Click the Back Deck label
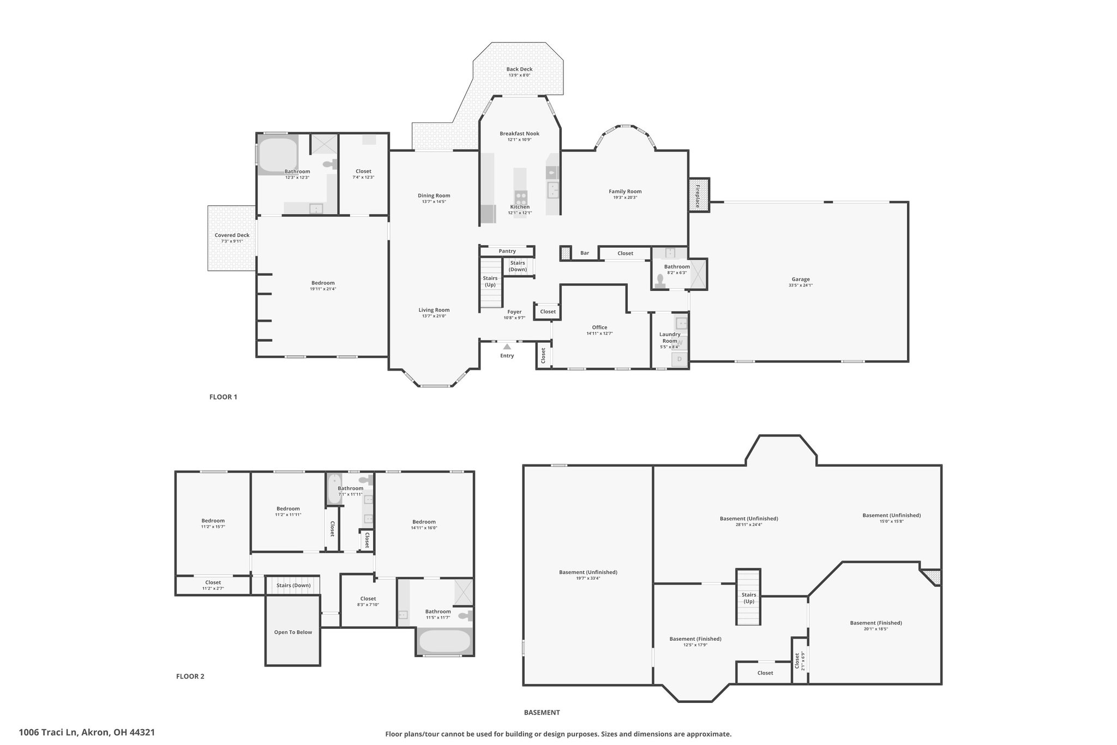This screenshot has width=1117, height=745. pyautogui.click(x=519, y=69)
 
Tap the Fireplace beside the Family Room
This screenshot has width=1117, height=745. pyautogui.click(x=699, y=195)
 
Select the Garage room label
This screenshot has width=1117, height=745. pyautogui.click(x=801, y=279)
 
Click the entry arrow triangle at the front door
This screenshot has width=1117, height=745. pyautogui.click(x=507, y=346)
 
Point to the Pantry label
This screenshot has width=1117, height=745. pyautogui.click(x=507, y=251)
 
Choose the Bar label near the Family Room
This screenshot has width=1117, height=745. pyautogui.click(x=585, y=253)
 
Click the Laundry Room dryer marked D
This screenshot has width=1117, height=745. pyautogui.click(x=680, y=359)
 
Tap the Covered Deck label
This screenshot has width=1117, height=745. pyautogui.click(x=232, y=235)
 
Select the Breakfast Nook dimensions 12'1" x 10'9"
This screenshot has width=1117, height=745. pyautogui.click(x=519, y=140)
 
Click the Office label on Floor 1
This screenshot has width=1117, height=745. pyautogui.click(x=599, y=327)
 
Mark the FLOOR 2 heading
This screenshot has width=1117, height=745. pyautogui.click(x=190, y=676)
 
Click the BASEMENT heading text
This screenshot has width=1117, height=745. pyautogui.click(x=542, y=712)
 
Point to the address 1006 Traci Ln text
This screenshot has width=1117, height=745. pyautogui.click(x=49, y=732)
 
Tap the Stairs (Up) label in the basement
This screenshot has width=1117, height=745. pyautogui.click(x=749, y=598)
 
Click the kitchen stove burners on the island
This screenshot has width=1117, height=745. pyautogui.click(x=521, y=196)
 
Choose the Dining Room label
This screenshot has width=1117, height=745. pyautogui.click(x=434, y=195)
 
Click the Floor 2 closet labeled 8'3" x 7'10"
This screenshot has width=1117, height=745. pyautogui.click(x=368, y=601)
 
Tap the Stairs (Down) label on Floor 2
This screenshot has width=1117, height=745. pyautogui.click(x=293, y=586)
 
